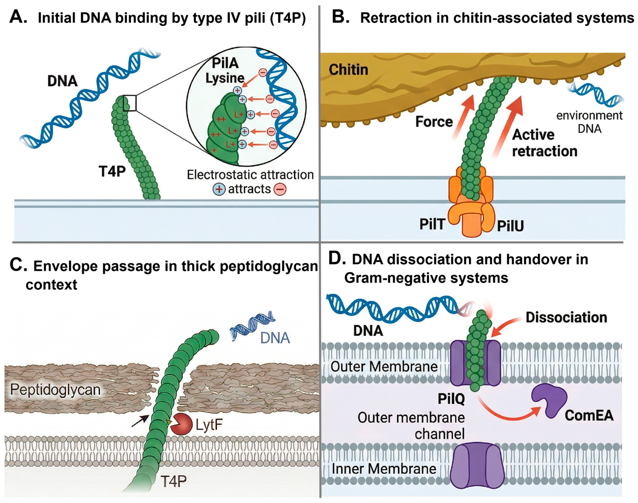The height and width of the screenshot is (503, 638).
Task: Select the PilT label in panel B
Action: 432,224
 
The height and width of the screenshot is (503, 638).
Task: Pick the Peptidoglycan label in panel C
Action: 55,390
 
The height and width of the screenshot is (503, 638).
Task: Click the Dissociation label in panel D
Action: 566,317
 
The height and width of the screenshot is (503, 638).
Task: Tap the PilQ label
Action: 451,399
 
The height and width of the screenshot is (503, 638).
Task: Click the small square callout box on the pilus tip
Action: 129,103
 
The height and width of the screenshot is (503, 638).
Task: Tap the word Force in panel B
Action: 434,122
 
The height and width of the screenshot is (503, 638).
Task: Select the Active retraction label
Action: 545,143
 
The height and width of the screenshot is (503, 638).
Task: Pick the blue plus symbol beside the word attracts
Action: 219,189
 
